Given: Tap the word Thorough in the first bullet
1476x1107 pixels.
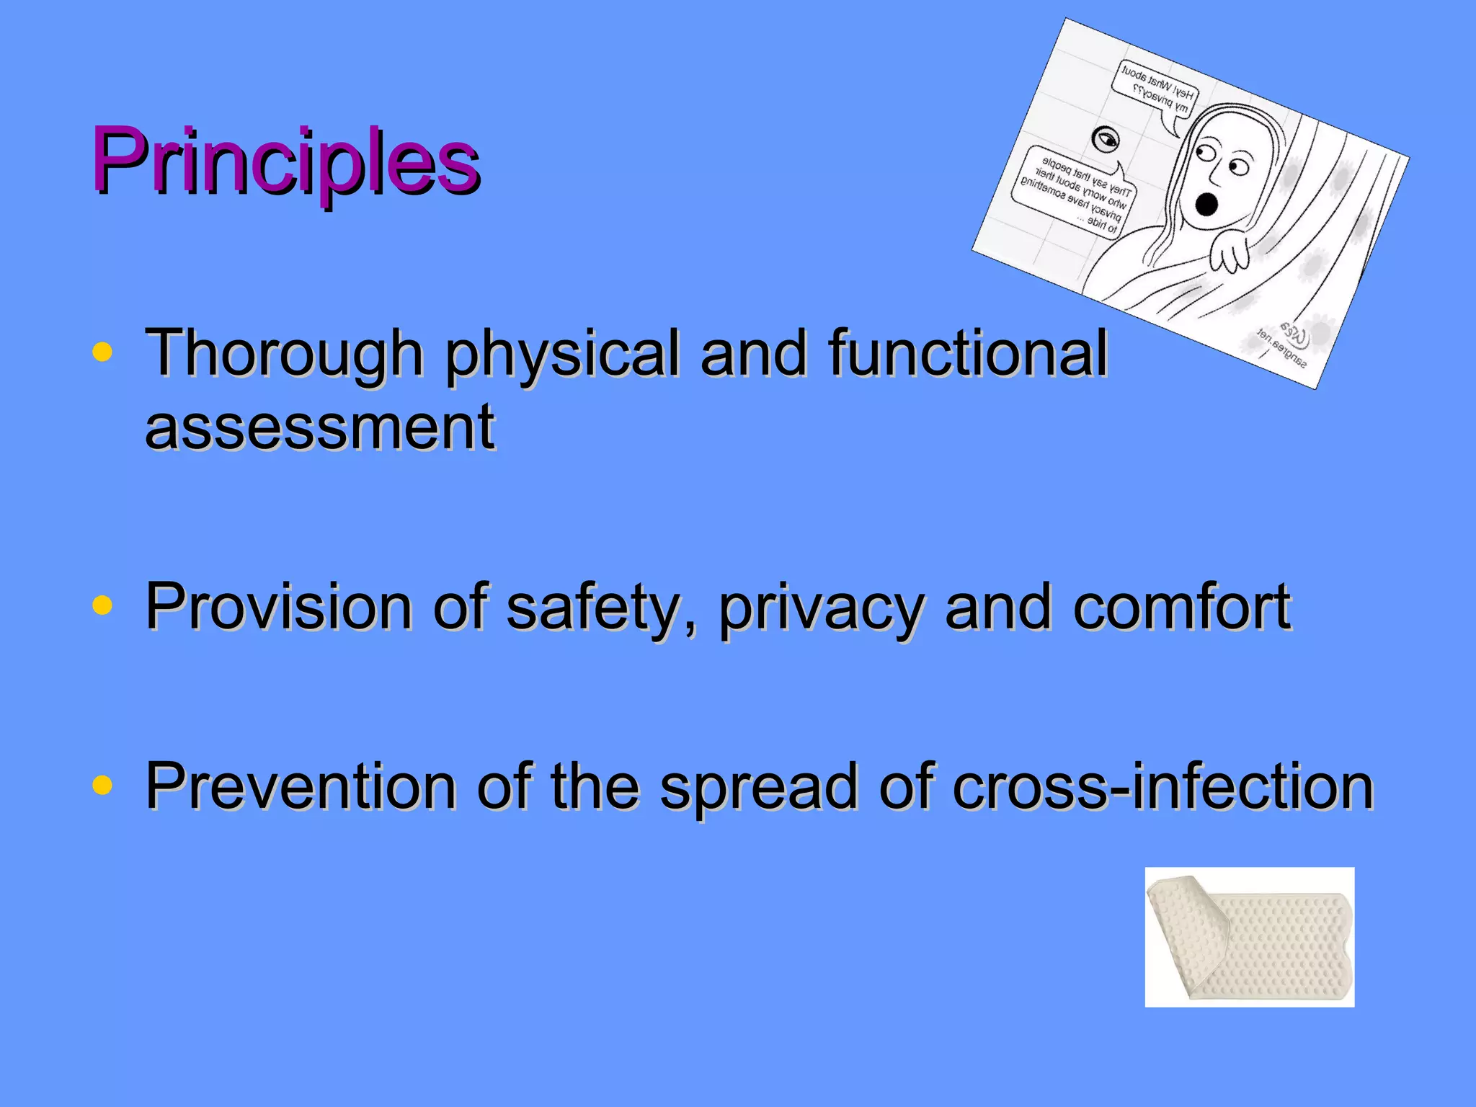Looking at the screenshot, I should [284, 353].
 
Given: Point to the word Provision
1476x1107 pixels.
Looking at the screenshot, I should [278, 607].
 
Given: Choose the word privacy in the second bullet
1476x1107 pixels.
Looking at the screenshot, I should [821, 607].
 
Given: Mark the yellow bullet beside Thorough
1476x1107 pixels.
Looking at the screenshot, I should [102, 352].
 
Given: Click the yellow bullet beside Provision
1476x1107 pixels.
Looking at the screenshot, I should [102, 606].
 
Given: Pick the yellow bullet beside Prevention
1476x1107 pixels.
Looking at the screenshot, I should [102, 785].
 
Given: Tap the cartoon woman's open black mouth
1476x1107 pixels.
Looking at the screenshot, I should [1206, 204].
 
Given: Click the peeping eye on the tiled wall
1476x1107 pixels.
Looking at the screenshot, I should [1105, 138].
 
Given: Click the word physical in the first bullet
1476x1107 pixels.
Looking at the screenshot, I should [561, 353].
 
